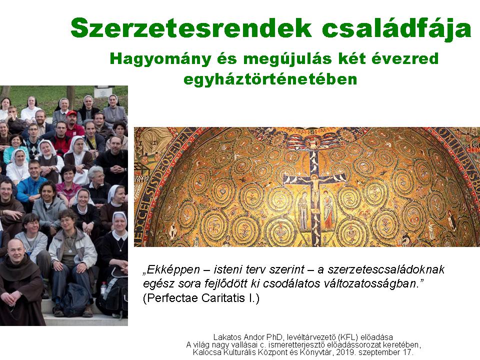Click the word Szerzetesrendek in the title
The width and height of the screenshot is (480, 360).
191,28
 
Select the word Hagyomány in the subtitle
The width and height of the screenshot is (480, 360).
160,59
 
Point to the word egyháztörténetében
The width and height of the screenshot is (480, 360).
270,79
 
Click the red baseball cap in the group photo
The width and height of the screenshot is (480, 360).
71,113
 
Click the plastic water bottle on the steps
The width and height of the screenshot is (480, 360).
104,288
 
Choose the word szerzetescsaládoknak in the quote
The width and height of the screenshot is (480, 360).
386,269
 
